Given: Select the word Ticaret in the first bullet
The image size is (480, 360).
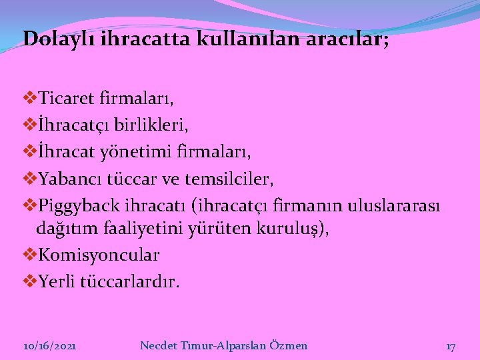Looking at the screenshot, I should pos(67,100).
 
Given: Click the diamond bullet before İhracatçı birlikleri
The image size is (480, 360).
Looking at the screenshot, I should pos(29,125).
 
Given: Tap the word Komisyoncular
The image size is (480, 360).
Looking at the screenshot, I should pos(99,255).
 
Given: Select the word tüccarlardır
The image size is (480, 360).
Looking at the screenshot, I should pos(129,281).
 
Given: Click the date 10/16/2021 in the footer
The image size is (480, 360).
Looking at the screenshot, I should pos(49,345).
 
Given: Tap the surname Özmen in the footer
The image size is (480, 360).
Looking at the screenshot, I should pos(288,345).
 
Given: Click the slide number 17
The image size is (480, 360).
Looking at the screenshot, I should pos(451,346).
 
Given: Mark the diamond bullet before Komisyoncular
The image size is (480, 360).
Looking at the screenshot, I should pos(29,254).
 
